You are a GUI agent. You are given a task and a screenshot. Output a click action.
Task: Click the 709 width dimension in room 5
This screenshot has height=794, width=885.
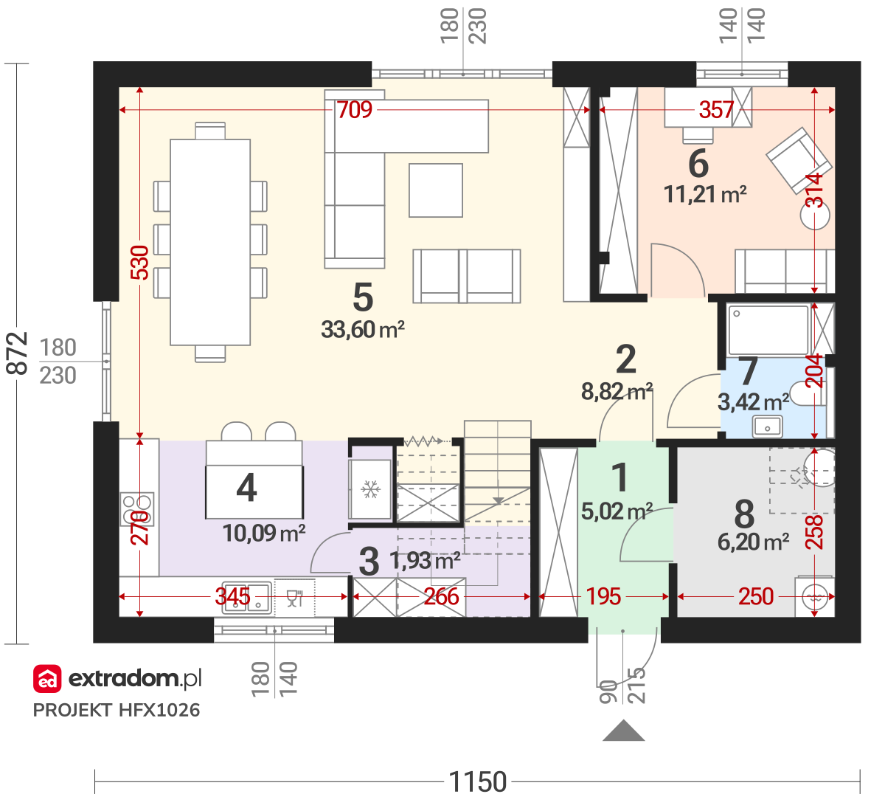tap(354, 109)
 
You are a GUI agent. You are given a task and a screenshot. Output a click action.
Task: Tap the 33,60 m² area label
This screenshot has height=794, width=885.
tap(363, 330)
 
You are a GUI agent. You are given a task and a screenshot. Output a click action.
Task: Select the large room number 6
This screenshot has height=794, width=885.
tap(698, 164)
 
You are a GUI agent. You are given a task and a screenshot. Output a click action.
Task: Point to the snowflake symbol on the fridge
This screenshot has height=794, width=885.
tap(370, 489)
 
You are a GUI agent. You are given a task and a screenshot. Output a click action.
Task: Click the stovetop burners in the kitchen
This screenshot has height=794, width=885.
tap(136, 508)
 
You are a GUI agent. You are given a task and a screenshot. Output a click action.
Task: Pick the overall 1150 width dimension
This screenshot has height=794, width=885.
tap(477, 781)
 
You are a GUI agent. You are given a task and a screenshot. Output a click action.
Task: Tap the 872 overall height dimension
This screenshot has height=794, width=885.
tap(18, 353)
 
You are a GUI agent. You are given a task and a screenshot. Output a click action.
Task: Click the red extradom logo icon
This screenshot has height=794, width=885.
tap(47, 679)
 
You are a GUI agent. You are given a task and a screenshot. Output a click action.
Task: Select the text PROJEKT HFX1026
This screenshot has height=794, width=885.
tap(117, 711)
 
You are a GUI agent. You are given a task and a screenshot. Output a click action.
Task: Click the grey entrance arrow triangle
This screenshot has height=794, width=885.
tap(623, 731)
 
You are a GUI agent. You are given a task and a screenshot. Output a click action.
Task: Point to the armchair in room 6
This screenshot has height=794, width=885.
tap(799, 160)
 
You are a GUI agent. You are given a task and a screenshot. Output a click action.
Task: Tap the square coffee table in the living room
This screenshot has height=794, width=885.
tap(436, 190)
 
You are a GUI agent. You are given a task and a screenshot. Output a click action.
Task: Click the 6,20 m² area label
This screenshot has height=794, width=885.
tap(753, 542)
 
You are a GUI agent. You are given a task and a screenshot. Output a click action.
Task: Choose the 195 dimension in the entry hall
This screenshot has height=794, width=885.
tap(603, 596)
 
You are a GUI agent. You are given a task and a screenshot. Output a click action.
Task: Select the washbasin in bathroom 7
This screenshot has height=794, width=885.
tap(767, 427)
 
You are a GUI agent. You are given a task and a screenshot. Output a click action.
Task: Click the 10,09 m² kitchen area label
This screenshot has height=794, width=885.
tap(264, 533)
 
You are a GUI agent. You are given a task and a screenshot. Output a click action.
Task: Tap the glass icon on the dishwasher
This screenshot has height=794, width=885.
tap(295, 598)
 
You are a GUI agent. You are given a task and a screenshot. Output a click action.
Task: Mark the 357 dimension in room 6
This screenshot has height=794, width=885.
tap(715, 109)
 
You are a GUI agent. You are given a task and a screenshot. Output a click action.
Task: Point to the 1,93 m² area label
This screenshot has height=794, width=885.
tap(425, 561)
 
